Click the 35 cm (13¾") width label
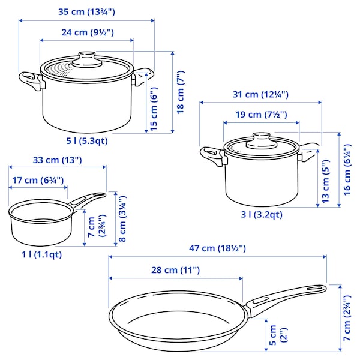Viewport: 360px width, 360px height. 86,11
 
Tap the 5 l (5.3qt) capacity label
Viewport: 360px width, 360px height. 87,141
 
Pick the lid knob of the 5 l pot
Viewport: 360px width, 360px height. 87,61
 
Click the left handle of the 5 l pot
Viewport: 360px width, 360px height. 30,80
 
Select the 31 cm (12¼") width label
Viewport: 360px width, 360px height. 260,94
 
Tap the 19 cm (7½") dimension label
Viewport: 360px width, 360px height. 261,115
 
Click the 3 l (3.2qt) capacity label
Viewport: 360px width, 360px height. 262,214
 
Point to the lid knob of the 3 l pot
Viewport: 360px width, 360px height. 262,138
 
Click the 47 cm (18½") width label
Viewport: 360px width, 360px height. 217,248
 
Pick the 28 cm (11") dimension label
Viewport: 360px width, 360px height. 175,270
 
